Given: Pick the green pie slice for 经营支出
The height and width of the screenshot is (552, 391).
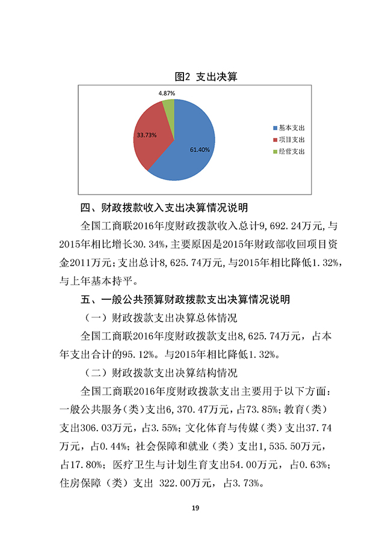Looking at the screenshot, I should pyautogui.click(x=169, y=106).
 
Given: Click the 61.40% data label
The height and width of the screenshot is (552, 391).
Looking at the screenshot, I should pyautogui.click(x=200, y=150).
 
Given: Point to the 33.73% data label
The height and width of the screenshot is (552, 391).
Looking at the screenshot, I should pyautogui.click(x=147, y=135).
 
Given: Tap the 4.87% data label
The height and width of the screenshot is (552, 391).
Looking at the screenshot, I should pyautogui.click(x=167, y=94).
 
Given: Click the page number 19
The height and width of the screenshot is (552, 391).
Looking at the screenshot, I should pyautogui.click(x=195, y=509).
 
